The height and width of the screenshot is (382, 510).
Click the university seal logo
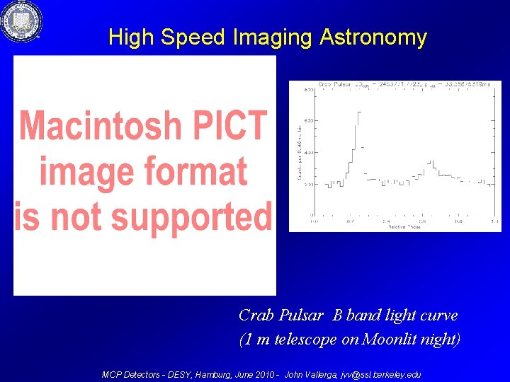[21, 21]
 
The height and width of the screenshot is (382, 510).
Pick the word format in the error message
[197, 171]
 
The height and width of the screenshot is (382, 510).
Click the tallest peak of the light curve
[358, 113]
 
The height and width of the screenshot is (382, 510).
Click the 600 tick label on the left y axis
[310, 121]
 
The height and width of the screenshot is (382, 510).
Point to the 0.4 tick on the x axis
[386, 220]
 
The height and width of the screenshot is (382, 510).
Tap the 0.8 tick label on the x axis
[458, 220]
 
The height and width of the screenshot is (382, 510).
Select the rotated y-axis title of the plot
[299, 152]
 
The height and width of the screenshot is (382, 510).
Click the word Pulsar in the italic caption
[303, 315]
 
